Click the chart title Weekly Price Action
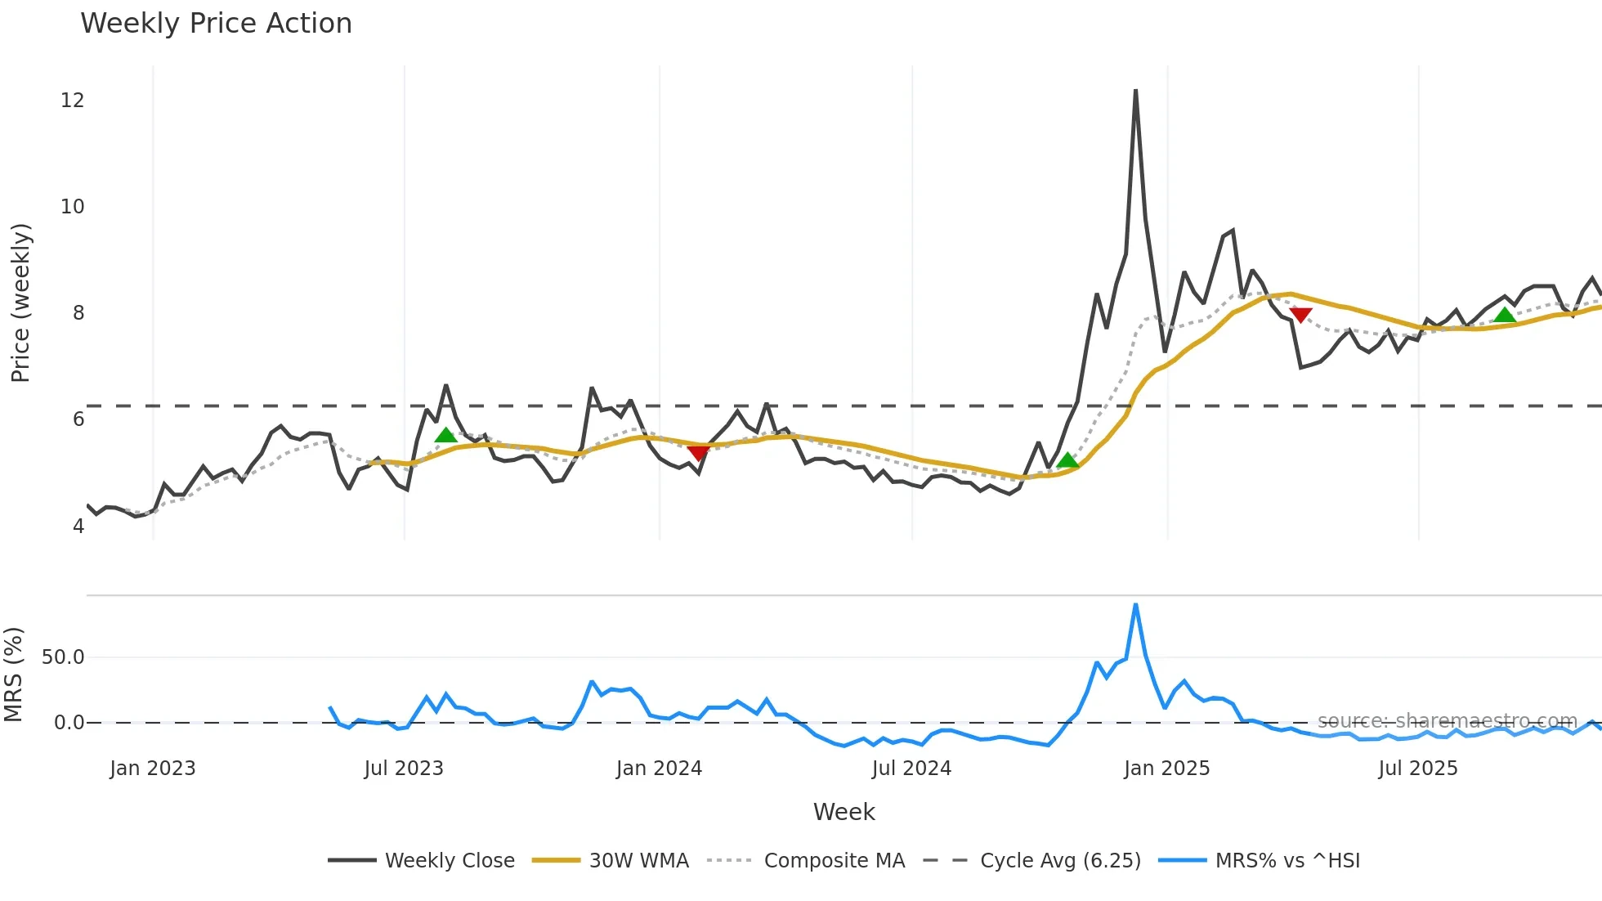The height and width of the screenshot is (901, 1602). pyautogui.click(x=216, y=24)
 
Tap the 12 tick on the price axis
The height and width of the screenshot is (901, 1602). pyautogui.click(x=72, y=101)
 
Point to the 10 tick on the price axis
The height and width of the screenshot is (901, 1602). pyautogui.click(x=72, y=207)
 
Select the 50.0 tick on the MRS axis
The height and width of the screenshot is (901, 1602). pyautogui.click(x=63, y=657)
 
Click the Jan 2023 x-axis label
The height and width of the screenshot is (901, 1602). pyautogui.click(x=153, y=769)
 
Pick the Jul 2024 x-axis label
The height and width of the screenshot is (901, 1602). pyautogui.click(x=911, y=769)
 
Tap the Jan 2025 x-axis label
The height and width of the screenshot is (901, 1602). pyautogui.click(x=1166, y=769)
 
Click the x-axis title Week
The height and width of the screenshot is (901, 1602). pyautogui.click(x=844, y=812)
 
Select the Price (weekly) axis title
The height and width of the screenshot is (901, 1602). pyautogui.click(x=20, y=303)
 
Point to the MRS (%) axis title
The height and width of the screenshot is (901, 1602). pyautogui.click(x=13, y=675)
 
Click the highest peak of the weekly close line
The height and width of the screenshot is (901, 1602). pyautogui.click(x=1136, y=91)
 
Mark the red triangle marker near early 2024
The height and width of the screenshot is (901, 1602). pyautogui.click(x=698, y=453)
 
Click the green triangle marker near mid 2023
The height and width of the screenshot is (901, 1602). pyautogui.click(x=445, y=435)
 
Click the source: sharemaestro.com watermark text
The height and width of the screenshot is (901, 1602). pyautogui.click(x=1447, y=721)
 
